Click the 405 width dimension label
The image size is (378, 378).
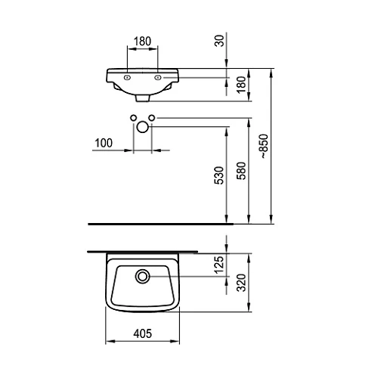[143, 333]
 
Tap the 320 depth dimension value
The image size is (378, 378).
[241, 283]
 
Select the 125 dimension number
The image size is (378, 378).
[219, 265]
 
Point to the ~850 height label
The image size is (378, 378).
[264, 146]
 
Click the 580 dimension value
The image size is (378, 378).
[241, 171]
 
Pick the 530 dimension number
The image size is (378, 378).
[219, 175]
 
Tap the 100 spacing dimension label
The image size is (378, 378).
[104, 143]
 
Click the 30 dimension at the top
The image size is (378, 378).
[219, 41]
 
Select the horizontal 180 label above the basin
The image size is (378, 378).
[142, 42]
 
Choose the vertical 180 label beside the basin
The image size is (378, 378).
[241, 85]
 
